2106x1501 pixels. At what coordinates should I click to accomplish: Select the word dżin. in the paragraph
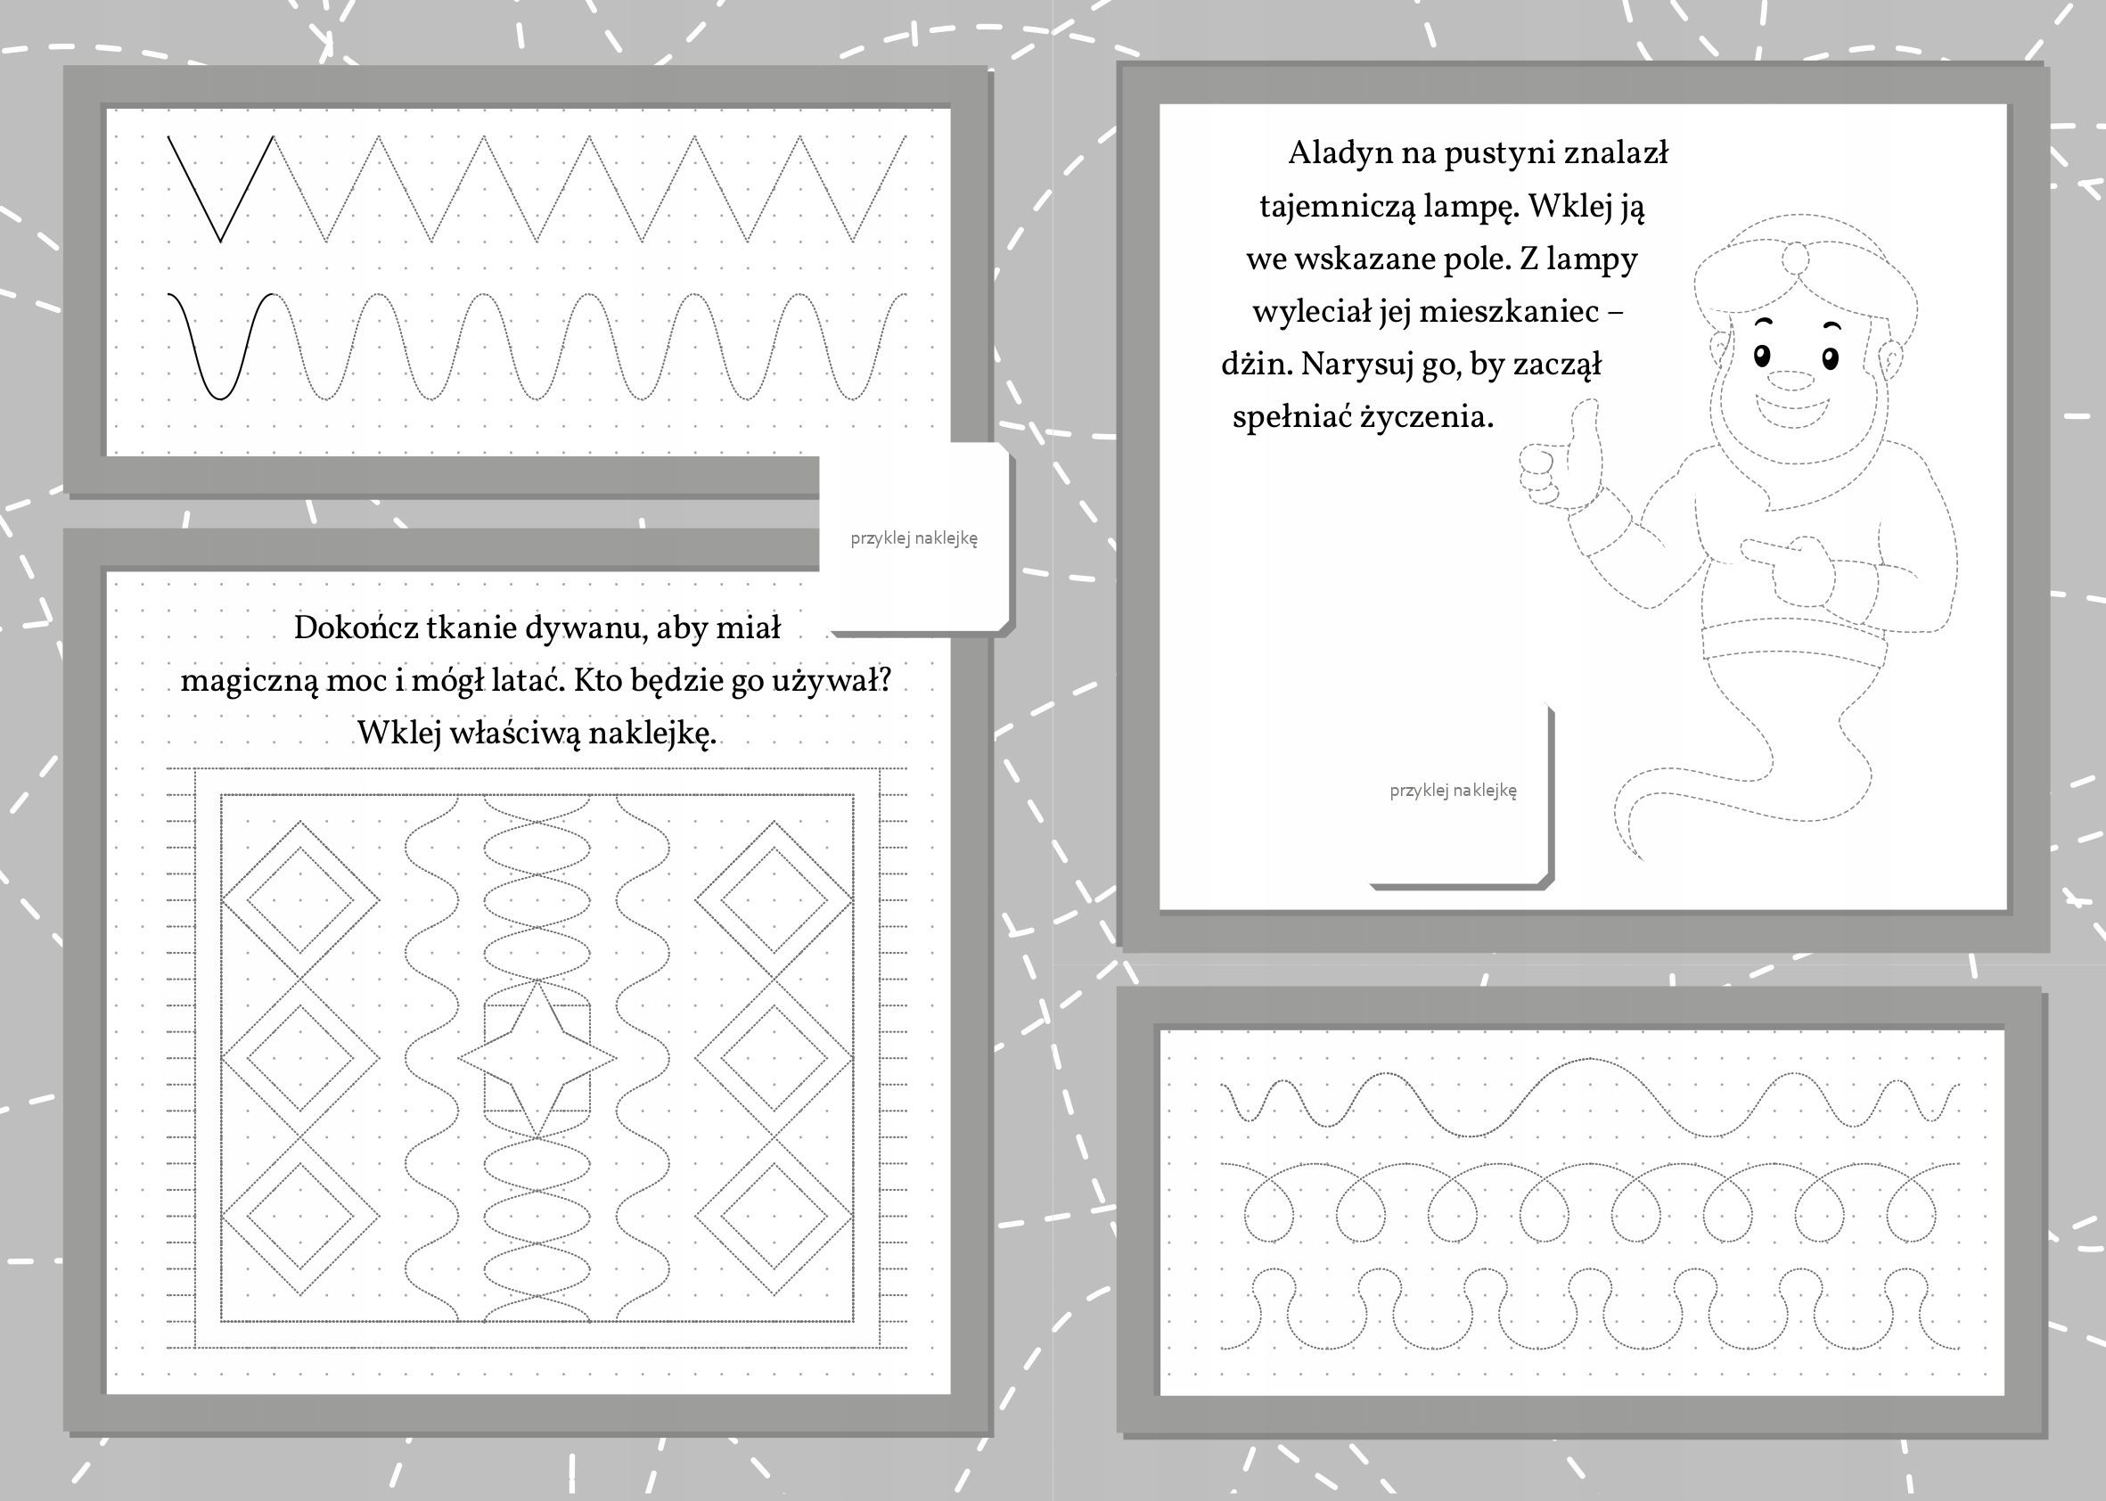[1257, 365]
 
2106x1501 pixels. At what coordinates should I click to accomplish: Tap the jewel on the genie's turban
[1795, 258]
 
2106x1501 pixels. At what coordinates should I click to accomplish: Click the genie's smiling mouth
[1793, 408]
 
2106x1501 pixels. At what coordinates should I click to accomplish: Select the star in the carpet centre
[537, 1059]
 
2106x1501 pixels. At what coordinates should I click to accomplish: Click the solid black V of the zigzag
[221, 190]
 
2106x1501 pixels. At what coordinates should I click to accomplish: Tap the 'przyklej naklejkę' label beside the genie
[1453, 792]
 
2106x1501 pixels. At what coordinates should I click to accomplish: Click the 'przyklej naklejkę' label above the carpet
[914, 538]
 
